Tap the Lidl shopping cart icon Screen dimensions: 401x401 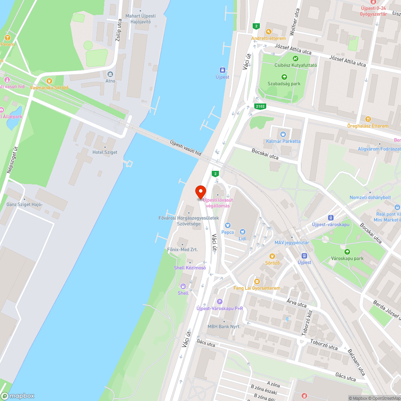pos(242,232)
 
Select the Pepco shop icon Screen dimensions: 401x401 pos(227,225)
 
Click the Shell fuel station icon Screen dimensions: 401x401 pos(183,286)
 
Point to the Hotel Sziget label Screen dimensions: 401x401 pos(105,152)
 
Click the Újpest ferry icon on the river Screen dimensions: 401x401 pos(222,69)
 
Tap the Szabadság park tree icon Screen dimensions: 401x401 pos(284,77)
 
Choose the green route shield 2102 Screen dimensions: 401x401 pos(260,106)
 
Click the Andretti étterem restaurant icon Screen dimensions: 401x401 pos(268,31)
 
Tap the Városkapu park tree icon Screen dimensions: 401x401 pos(347,251)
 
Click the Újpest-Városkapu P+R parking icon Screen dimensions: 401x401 pos(219,301)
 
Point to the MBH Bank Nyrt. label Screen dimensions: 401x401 pos(224,326)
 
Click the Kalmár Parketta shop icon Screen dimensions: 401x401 pos(283,134)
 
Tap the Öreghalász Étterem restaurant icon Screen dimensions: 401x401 pos(368,119)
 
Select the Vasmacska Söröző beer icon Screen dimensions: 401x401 pos(49,81)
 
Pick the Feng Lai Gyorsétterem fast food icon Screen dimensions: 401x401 pos(257,281)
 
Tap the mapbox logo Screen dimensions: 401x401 pos(18,396)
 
